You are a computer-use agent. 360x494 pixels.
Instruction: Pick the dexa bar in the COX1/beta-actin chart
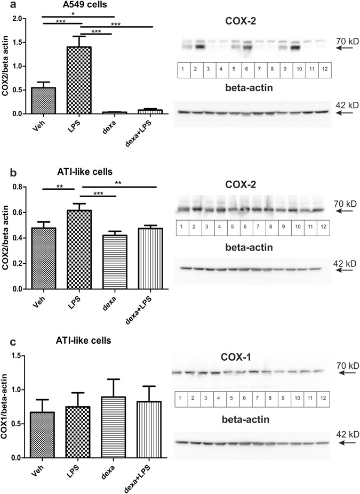click(115, 427)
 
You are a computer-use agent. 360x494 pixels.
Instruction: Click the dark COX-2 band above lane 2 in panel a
click(197, 47)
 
